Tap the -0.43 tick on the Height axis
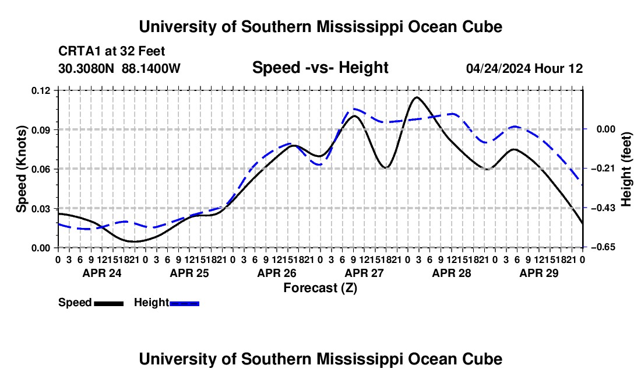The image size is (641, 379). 605,208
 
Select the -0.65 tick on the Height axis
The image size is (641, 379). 605,247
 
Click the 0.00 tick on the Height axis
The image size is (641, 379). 606,129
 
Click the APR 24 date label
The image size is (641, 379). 102,273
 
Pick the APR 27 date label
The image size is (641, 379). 364,273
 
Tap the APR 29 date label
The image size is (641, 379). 539,273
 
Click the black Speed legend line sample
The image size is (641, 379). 109,303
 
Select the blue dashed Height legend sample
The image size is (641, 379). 184,303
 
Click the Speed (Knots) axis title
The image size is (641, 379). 22,169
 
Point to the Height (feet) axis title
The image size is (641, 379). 626,169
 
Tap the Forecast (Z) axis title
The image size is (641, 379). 320,288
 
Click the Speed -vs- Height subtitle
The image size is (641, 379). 320,68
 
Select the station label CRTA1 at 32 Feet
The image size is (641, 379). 112,51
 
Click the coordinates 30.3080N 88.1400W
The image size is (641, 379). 119,68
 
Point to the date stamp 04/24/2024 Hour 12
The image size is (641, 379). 524,68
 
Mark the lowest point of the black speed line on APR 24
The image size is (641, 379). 134,241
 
